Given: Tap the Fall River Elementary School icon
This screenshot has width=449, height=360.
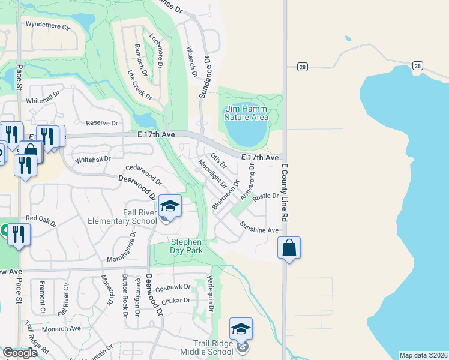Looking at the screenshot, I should [170, 207].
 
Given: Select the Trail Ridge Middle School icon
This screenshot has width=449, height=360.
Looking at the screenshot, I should [241, 329].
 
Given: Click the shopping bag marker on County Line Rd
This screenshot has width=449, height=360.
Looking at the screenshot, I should [289, 248].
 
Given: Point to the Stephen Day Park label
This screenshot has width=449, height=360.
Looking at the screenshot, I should [185, 246].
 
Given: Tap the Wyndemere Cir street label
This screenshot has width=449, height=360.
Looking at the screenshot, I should [48, 27].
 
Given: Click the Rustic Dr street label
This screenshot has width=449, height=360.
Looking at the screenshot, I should [265, 196].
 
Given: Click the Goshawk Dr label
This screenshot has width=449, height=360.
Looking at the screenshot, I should [173, 288].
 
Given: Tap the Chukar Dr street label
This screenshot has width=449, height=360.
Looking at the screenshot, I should [176, 300].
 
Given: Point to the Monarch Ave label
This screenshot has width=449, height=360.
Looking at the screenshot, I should [61, 329].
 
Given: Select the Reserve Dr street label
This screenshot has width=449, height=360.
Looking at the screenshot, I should [101, 123].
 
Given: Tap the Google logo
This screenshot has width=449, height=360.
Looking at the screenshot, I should [20, 353].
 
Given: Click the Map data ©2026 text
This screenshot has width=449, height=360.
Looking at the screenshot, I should [423, 355].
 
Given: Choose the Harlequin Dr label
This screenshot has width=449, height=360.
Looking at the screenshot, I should [210, 293].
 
